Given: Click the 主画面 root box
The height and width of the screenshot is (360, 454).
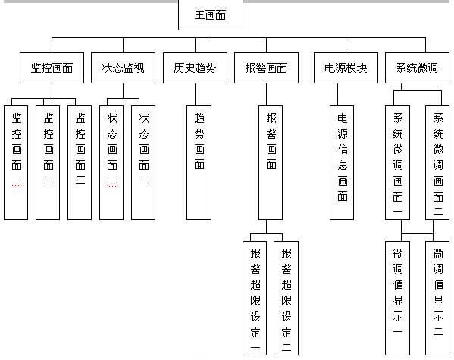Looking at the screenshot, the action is pyautogui.click(x=211, y=14).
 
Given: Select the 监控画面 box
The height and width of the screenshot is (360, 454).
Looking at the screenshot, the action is pyautogui.click(x=52, y=67).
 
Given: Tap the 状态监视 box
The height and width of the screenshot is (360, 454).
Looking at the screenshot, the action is pyautogui.click(x=123, y=67).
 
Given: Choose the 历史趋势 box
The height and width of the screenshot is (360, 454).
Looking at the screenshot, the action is pyautogui.click(x=195, y=67).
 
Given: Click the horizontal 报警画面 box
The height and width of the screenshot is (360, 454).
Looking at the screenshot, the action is pyautogui.click(x=266, y=67).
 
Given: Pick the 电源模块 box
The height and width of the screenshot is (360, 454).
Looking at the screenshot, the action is pyautogui.click(x=346, y=67).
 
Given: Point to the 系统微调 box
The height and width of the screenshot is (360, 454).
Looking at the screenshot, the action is pyautogui.click(x=417, y=67).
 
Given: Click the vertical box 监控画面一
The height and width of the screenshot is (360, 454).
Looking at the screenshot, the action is pyautogui.click(x=16, y=162).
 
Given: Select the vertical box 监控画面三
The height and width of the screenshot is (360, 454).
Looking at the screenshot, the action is pyautogui.click(x=80, y=162).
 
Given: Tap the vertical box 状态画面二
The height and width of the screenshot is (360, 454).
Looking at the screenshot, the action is pyautogui.click(x=143, y=162).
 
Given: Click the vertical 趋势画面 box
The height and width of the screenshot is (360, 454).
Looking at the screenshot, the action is pyautogui.click(x=199, y=162).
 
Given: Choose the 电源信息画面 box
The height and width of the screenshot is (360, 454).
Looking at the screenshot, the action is pyautogui.click(x=342, y=162).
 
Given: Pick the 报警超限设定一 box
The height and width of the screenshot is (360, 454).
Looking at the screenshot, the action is pyautogui.click(x=255, y=299).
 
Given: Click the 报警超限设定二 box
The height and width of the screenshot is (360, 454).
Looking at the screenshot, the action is pyautogui.click(x=286, y=299).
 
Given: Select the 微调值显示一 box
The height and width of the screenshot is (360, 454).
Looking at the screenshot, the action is pyautogui.click(x=398, y=299).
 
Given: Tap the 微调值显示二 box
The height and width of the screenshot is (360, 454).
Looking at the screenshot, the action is pyautogui.click(x=437, y=299).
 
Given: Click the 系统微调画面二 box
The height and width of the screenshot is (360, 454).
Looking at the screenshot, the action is pyautogui.click(x=437, y=162).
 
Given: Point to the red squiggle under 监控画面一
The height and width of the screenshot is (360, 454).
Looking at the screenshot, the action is pyautogui.click(x=17, y=186).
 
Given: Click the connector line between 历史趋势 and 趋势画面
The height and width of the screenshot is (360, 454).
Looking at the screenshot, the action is pyautogui.click(x=195, y=95).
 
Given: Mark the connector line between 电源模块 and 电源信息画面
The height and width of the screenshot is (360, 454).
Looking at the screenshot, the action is pyautogui.click(x=337, y=95).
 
